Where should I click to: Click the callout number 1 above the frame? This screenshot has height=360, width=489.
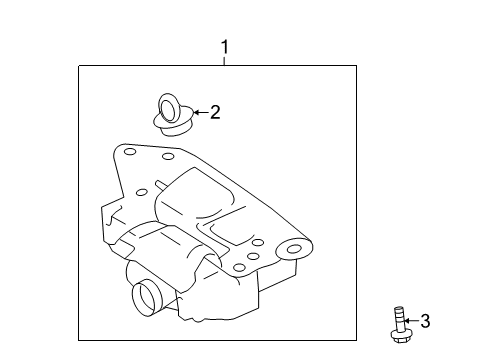225,47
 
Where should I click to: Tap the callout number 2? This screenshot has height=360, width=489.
215,113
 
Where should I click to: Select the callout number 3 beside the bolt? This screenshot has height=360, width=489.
424,320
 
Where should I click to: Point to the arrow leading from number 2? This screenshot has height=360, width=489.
199,113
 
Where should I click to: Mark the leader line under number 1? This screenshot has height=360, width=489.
225,61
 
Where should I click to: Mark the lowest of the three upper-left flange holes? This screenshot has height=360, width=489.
142,191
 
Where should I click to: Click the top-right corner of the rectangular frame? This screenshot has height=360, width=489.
357,66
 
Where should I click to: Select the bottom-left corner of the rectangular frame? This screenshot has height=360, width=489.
80,341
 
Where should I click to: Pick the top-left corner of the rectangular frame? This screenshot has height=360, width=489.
80,66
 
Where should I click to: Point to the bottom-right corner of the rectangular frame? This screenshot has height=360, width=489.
357,341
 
